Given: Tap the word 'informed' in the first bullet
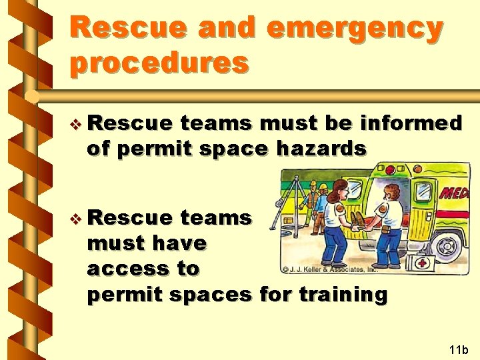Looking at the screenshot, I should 409,123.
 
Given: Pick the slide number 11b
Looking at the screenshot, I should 459,349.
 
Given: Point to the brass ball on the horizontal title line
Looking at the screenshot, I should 31,97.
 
